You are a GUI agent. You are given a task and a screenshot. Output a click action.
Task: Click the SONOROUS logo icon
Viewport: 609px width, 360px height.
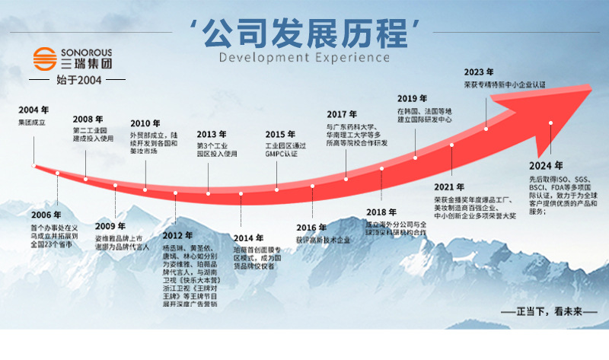[44, 59]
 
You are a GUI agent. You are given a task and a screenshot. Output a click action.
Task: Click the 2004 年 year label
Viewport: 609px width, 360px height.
[33, 110]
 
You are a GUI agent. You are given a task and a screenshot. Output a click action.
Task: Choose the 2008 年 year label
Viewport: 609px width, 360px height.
[88, 119]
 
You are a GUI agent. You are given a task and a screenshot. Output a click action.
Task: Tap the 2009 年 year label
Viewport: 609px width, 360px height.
[110, 225]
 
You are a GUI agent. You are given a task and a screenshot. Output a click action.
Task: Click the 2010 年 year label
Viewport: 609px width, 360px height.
[145, 123]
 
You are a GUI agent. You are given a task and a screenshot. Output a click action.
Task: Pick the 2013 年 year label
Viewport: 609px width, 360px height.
[212, 134]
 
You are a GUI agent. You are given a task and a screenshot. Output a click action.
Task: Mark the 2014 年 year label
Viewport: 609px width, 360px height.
[248, 238]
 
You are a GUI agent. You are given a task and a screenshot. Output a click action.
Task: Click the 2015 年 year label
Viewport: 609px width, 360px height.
[280, 134]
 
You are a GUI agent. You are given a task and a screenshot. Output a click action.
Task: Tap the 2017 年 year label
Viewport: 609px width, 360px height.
[342, 113]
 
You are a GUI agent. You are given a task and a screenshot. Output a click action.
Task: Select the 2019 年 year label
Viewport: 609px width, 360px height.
[412, 98]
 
